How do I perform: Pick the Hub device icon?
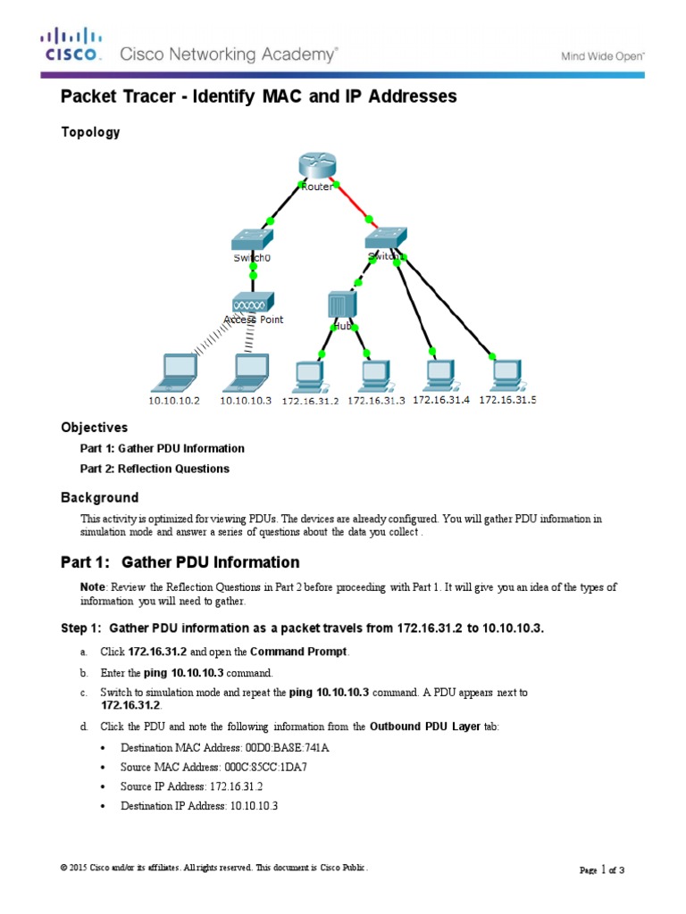342,303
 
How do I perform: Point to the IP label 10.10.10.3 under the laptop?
245,401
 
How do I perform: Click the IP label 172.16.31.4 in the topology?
440,400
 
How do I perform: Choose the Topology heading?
89,132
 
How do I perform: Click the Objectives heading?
94,428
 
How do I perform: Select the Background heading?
99,497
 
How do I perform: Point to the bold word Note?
93,586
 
